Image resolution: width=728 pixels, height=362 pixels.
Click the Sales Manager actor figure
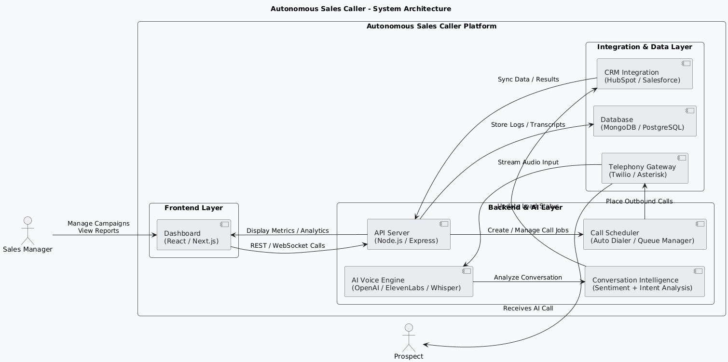tap(27, 230)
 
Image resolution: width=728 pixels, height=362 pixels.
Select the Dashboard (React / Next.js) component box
tap(193, 234)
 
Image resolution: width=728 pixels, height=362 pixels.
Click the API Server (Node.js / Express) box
tap(408, 234)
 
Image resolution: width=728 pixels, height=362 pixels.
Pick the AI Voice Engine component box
tap(408, 282)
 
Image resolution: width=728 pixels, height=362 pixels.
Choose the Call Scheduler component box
tap(645, 234)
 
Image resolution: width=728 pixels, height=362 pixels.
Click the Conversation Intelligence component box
tap(645, 282)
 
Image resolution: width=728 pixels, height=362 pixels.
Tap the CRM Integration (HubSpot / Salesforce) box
tap(645, 74)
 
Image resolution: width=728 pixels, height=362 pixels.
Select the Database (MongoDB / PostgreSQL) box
tap(645, 121)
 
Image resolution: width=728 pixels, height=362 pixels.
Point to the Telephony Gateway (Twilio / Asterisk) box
tap(645, 168)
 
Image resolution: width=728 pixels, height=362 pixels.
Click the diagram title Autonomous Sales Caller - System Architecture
tap(361, 9)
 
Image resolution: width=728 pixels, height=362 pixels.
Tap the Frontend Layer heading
tap(193, 208)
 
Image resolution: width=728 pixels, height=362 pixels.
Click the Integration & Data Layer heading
tap(645, 47)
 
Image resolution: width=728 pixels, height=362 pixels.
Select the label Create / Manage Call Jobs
tap(528, 230)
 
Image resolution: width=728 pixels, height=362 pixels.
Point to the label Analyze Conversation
tap(528, 278)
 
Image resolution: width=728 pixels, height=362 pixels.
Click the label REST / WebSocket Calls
tap(287, 246)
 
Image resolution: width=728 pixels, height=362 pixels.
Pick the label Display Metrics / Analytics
tap(288, 231)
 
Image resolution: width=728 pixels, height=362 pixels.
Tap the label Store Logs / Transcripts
tap(528, 125)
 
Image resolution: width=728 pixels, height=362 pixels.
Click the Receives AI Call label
tap(528, 308)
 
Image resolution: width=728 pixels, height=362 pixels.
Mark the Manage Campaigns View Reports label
tap(98, 227)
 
